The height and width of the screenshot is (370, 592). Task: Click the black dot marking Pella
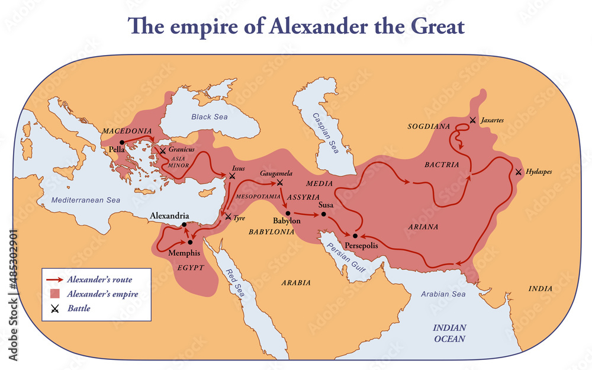tap(121, 142)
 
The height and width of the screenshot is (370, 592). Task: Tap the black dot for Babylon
tap(287, 213)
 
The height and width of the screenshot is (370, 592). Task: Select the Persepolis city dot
tap(355, 236)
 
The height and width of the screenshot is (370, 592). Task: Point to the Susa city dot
tap(324, 213)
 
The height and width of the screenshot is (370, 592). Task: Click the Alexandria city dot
tap(185, 224)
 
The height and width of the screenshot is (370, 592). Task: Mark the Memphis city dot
tap(191, 242)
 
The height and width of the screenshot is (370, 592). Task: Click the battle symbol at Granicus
tap(163, 152)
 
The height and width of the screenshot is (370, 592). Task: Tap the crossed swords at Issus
tap(232, 176)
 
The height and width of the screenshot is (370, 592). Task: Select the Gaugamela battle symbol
tap(279, 182)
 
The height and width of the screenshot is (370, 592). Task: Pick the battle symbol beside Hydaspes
tap(519, 172)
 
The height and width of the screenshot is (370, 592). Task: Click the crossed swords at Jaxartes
tap(472, 121)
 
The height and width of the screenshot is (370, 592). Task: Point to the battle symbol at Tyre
tap(228, 217)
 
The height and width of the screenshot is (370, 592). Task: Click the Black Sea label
tap(209, 117)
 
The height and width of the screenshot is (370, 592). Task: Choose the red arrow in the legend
tap(54, 279)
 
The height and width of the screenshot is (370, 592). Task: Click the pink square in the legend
tap(54, 294)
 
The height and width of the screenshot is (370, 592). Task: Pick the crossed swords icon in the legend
tap(54, 308)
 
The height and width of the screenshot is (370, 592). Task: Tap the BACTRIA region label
tap(442, 165)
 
